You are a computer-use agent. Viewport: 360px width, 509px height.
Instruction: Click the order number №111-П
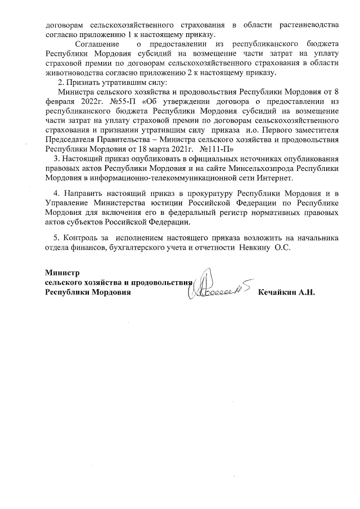(x=210, y=149)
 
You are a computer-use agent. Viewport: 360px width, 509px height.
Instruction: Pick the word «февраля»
(x=59, y=101)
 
